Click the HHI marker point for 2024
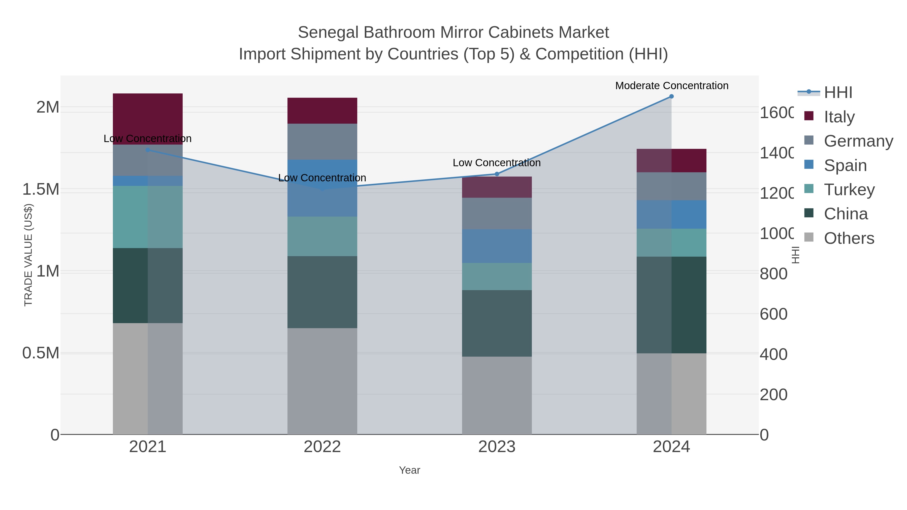tap(671, 96)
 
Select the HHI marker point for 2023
tap(497, 174)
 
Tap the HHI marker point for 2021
tap(148, 150)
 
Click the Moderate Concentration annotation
tap(671, 86)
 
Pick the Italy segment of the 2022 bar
tap(322, 111)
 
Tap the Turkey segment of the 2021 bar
tap(148, 217)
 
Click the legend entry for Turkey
tap(849, 190)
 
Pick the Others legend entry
tap(849, 238)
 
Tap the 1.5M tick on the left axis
tap(41, 189)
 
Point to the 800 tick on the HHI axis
tap(773, 274)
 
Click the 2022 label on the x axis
tap(322, 447)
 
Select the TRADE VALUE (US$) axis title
tap(28, 255)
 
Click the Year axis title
tap(409, 470)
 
